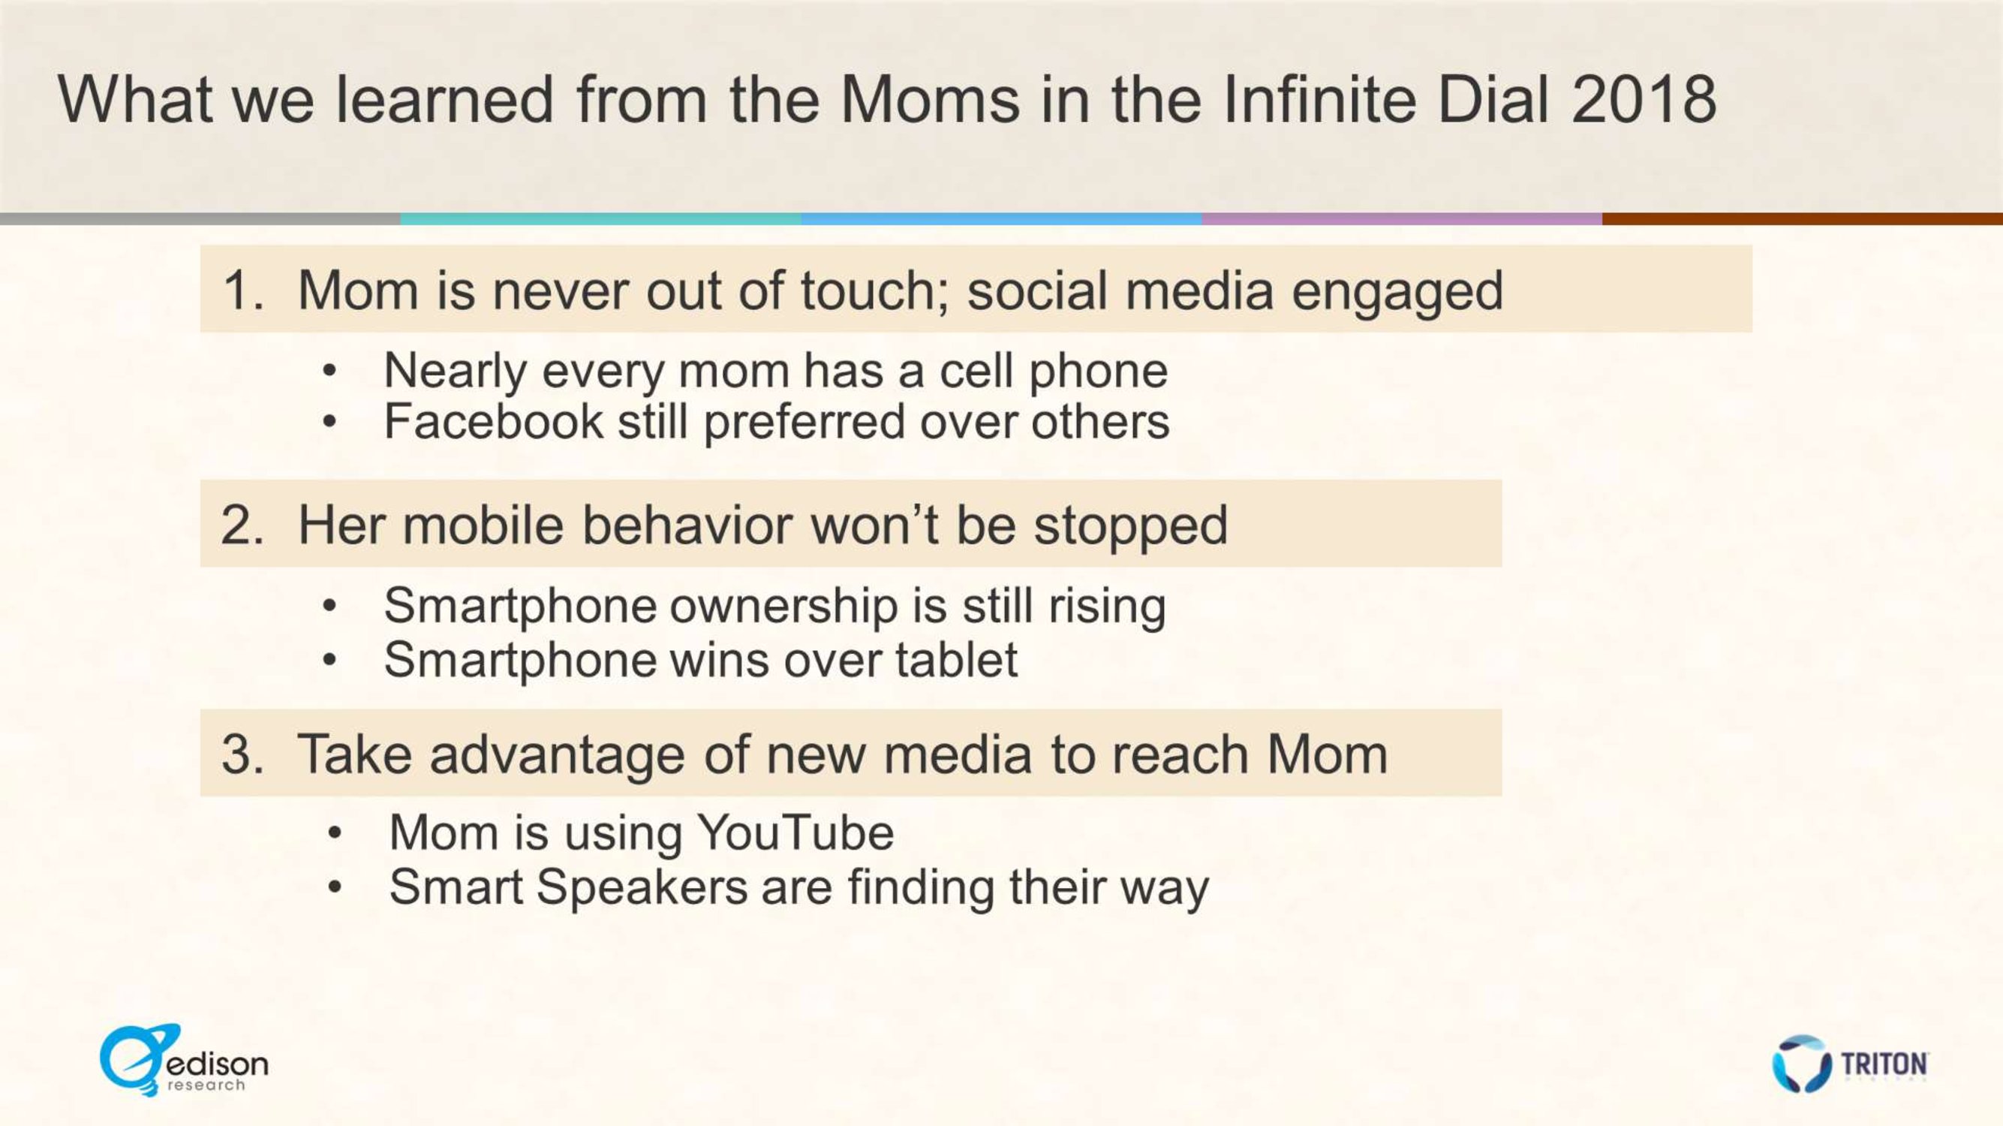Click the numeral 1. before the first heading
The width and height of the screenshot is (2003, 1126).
click(244, 291)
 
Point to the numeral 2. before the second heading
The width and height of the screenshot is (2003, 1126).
click(242, 525)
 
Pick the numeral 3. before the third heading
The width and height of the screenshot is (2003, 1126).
click(242, 754)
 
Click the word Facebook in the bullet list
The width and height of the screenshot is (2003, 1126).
click(494, 421)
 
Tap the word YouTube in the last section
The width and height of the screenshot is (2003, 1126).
click(795, 832)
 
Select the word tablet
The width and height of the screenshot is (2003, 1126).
click(956, 659)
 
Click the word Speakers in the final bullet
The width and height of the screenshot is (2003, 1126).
click(642, 887)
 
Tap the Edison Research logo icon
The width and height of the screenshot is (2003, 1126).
click(140, 1060)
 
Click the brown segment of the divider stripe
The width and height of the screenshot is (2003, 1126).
click(1803, 219)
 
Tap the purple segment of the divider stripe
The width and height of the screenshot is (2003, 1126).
click(1402, 219)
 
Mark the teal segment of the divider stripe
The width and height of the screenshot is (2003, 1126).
click(601, 219)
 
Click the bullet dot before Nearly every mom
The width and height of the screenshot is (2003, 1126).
click(329, 371)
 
